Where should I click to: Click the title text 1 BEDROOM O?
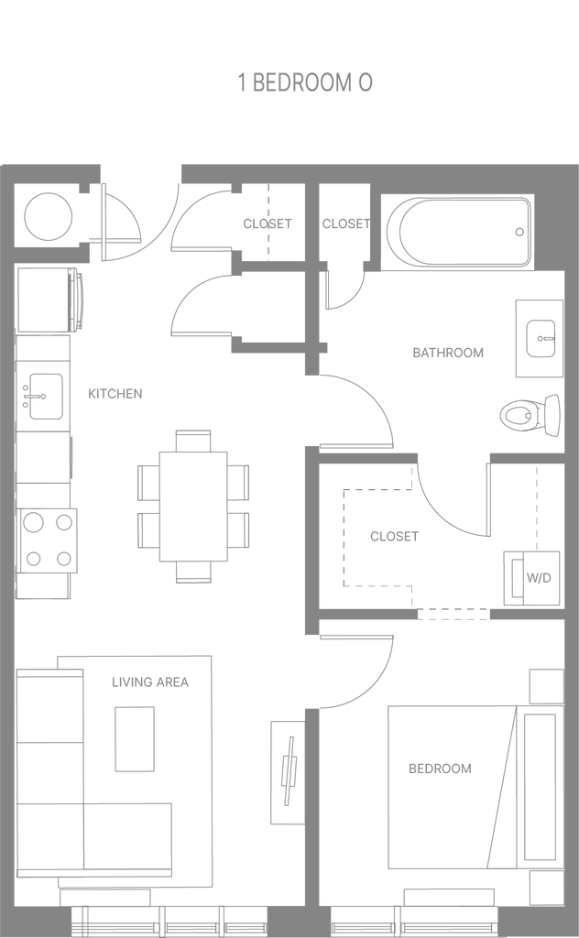click(304, 83)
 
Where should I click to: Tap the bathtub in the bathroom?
click(456, 233)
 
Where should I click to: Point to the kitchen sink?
click(44, 396)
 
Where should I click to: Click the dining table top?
click(192, 505)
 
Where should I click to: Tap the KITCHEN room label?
click(115, 395)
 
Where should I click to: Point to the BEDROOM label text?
click(441, 768)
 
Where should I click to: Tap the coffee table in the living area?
click(135, 738)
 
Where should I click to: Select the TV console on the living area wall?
click(289, 770)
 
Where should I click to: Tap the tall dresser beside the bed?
click(540, 787)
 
